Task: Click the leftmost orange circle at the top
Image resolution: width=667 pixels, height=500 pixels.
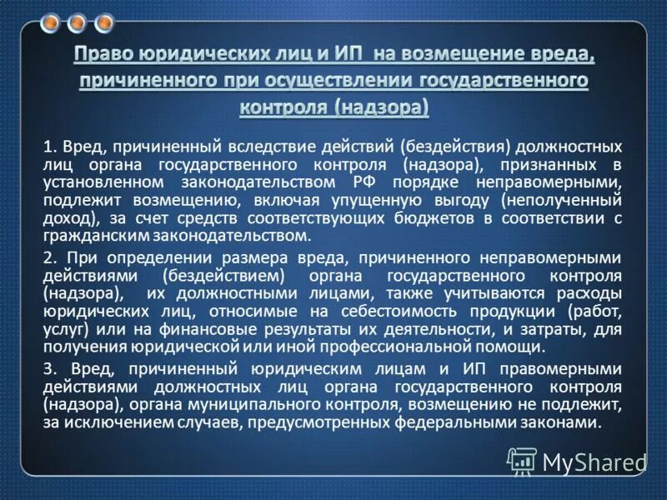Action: click(x=52, y=22)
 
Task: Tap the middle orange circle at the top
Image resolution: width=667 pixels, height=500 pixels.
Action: click(x=78, y=22)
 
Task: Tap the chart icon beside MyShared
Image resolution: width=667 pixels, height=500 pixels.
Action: click(x=521, y=462)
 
